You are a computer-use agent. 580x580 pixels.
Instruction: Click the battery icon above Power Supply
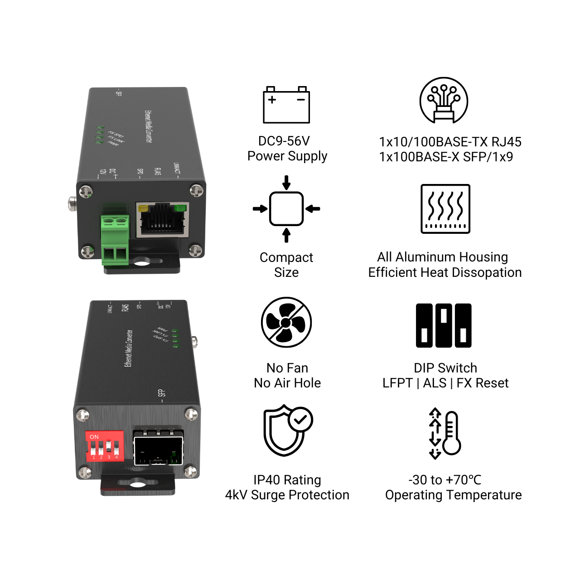(x=286, y=105)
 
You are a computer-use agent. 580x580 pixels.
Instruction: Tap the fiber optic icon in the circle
(x=444, y=100)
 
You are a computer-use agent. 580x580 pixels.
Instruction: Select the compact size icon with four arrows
(x=286, y=209)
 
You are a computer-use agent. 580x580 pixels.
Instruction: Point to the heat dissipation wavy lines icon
(x=445, y=208)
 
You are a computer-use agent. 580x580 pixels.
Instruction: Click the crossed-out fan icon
(x=286, y=322)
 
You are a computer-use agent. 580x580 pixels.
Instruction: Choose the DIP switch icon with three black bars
(x=444, y=325)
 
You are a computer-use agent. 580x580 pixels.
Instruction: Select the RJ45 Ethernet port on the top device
(x=162, y=220)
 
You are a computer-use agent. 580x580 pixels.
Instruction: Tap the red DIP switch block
(x=105, y=445)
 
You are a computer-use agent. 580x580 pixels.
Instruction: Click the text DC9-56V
(x=284, y=141)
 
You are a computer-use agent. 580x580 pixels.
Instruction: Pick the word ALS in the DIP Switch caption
(x=435, y=383)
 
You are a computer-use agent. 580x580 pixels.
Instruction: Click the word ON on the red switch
(x=94, y=437)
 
